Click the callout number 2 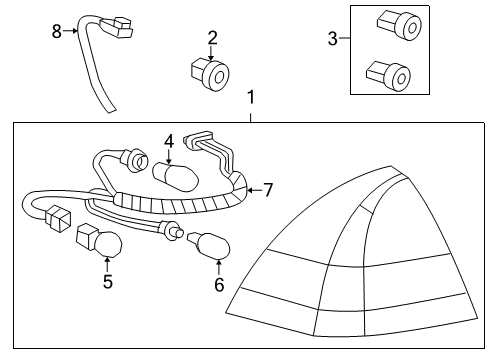(212, 39)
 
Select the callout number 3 (332, 40)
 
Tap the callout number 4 (169, 142)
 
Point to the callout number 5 (108, 282)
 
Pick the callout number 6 (219, 286)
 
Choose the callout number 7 (267, 188)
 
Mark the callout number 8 (57, 31)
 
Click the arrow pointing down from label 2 (212, 54)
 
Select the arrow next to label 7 (250, 187)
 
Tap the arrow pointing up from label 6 (219, 266)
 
